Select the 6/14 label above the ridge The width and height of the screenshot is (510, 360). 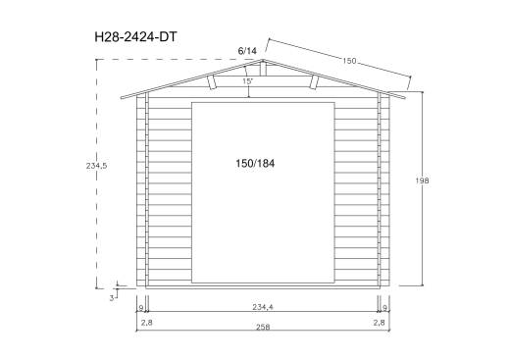(246, 50)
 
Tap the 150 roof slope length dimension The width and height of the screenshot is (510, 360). (349, 61)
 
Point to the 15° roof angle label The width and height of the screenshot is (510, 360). (248, 81)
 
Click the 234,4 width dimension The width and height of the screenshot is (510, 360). (261, 307)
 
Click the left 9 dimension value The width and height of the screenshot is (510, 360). (142, 307)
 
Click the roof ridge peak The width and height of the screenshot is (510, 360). (261, 59)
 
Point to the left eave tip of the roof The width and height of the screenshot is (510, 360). (120, 98)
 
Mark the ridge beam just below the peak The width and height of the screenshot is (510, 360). (261, 68)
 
